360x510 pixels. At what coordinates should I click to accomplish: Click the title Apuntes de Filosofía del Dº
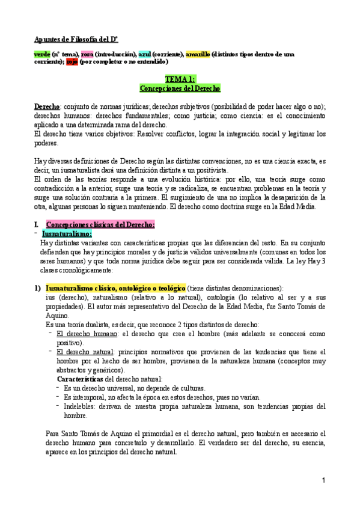tap(75, 39)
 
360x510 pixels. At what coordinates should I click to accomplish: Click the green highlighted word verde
tap(42, 54)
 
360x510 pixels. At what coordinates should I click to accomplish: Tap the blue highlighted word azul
tap(144, 54)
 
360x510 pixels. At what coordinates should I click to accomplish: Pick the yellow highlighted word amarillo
tap(198, 54)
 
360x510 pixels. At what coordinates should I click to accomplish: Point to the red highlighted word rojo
tap(72, 61)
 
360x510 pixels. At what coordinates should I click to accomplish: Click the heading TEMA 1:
tap(180, 79)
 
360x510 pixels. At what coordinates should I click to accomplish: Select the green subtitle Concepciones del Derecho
tap(180, 88)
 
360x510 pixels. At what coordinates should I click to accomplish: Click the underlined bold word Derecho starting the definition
tap(47, 106)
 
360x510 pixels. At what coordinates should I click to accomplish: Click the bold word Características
tap(80, 379)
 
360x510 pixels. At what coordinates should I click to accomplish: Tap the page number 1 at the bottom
tap(323, 480)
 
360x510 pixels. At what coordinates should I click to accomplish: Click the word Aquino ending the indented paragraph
tap(58, 315)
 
